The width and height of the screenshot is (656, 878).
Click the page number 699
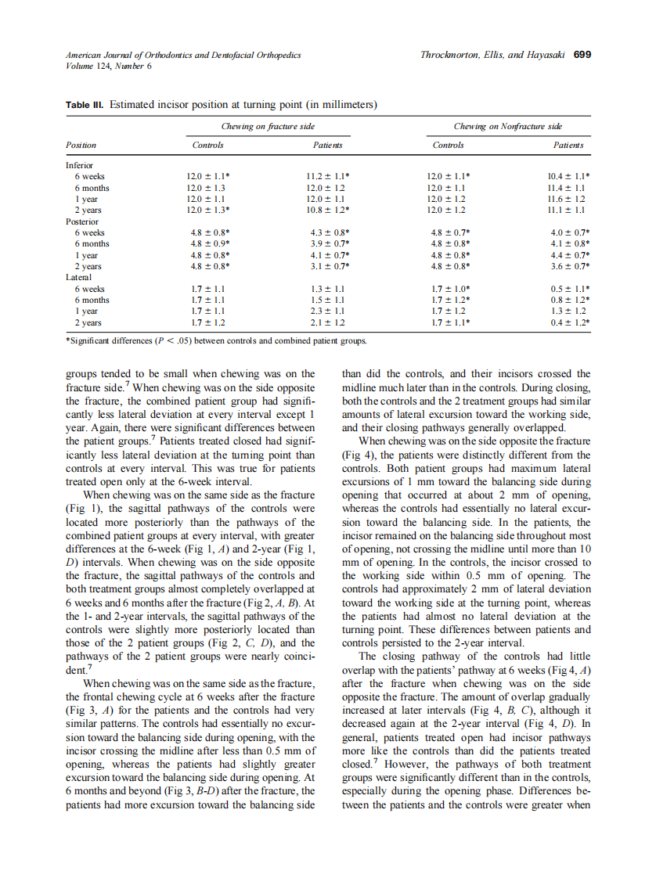click(x=582, y=56)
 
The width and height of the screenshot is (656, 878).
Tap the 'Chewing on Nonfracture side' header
click(x=507, y=126)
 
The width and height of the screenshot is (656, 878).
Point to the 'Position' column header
click(x=81, y=145)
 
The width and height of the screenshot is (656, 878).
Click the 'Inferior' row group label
click(x=79, y=166)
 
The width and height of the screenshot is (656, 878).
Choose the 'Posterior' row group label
click(x=81, y=221)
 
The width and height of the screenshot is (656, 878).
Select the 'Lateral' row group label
click(x=78, y=277)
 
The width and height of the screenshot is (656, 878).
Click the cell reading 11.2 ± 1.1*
click(x=328, y=177)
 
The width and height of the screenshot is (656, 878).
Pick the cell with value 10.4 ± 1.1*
click(x=568, y=177)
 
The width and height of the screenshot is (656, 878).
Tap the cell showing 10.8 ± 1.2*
click(x=328, y=211)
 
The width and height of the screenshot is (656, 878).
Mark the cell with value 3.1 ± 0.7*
click(x=328, y=266)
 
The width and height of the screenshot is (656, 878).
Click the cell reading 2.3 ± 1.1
click(x=326, y=311)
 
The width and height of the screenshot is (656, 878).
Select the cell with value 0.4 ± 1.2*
click(x=568, y=322)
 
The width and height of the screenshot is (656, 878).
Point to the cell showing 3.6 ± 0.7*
click(x=568, y=266)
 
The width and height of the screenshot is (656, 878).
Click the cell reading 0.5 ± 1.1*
click(x=568, y=289)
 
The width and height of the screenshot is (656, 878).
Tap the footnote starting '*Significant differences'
click(x=216, y=341)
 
